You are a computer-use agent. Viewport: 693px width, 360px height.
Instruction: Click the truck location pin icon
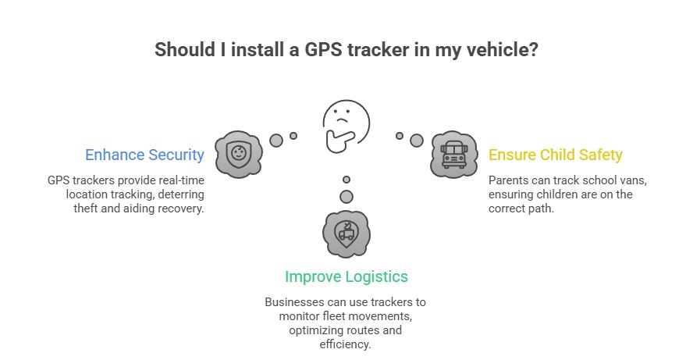(x=346, y=233)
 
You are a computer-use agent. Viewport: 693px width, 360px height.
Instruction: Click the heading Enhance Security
(x=144, y=155)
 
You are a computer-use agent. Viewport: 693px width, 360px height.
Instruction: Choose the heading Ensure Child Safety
(x=555, y=155)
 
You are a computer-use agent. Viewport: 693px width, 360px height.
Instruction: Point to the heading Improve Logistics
(x=346, y=276)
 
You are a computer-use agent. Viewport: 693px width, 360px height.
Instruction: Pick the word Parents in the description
(x=510, y=180)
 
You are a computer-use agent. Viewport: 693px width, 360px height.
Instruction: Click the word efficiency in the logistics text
(x=346, y=344)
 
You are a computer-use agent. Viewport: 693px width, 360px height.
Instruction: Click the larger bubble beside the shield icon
(x=275, y=141)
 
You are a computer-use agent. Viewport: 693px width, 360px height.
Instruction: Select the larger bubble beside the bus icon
(x=417, y=141)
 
